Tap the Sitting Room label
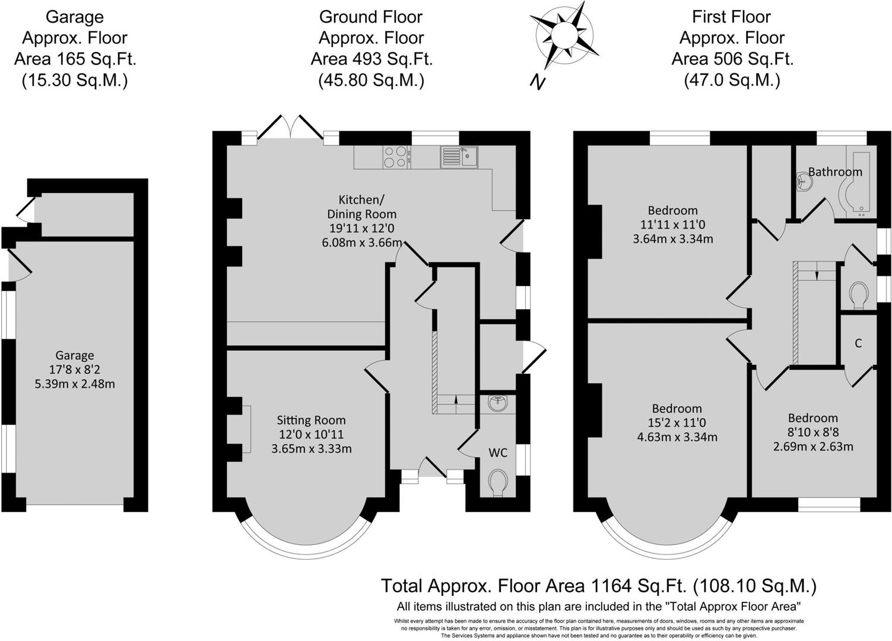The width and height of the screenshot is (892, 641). point(311,420)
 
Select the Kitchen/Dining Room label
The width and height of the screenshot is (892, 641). point(361,206)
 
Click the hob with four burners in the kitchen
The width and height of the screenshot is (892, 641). point(395,157)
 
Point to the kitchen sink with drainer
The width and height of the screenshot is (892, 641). point(459,157)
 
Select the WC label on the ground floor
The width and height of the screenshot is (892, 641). point(498,453)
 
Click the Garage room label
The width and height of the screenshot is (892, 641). point(75,356)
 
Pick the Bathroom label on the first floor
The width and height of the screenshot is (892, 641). point(835,172)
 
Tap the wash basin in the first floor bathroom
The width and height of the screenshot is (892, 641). point(804,182)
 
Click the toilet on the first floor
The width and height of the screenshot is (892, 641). point(859,296)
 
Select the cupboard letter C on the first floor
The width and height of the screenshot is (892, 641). point(858,344)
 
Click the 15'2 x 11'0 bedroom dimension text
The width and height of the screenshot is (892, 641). point(677,423)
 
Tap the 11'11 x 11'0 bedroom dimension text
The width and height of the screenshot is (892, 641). point(672,225)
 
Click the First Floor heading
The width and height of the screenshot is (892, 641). point(731,17)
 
